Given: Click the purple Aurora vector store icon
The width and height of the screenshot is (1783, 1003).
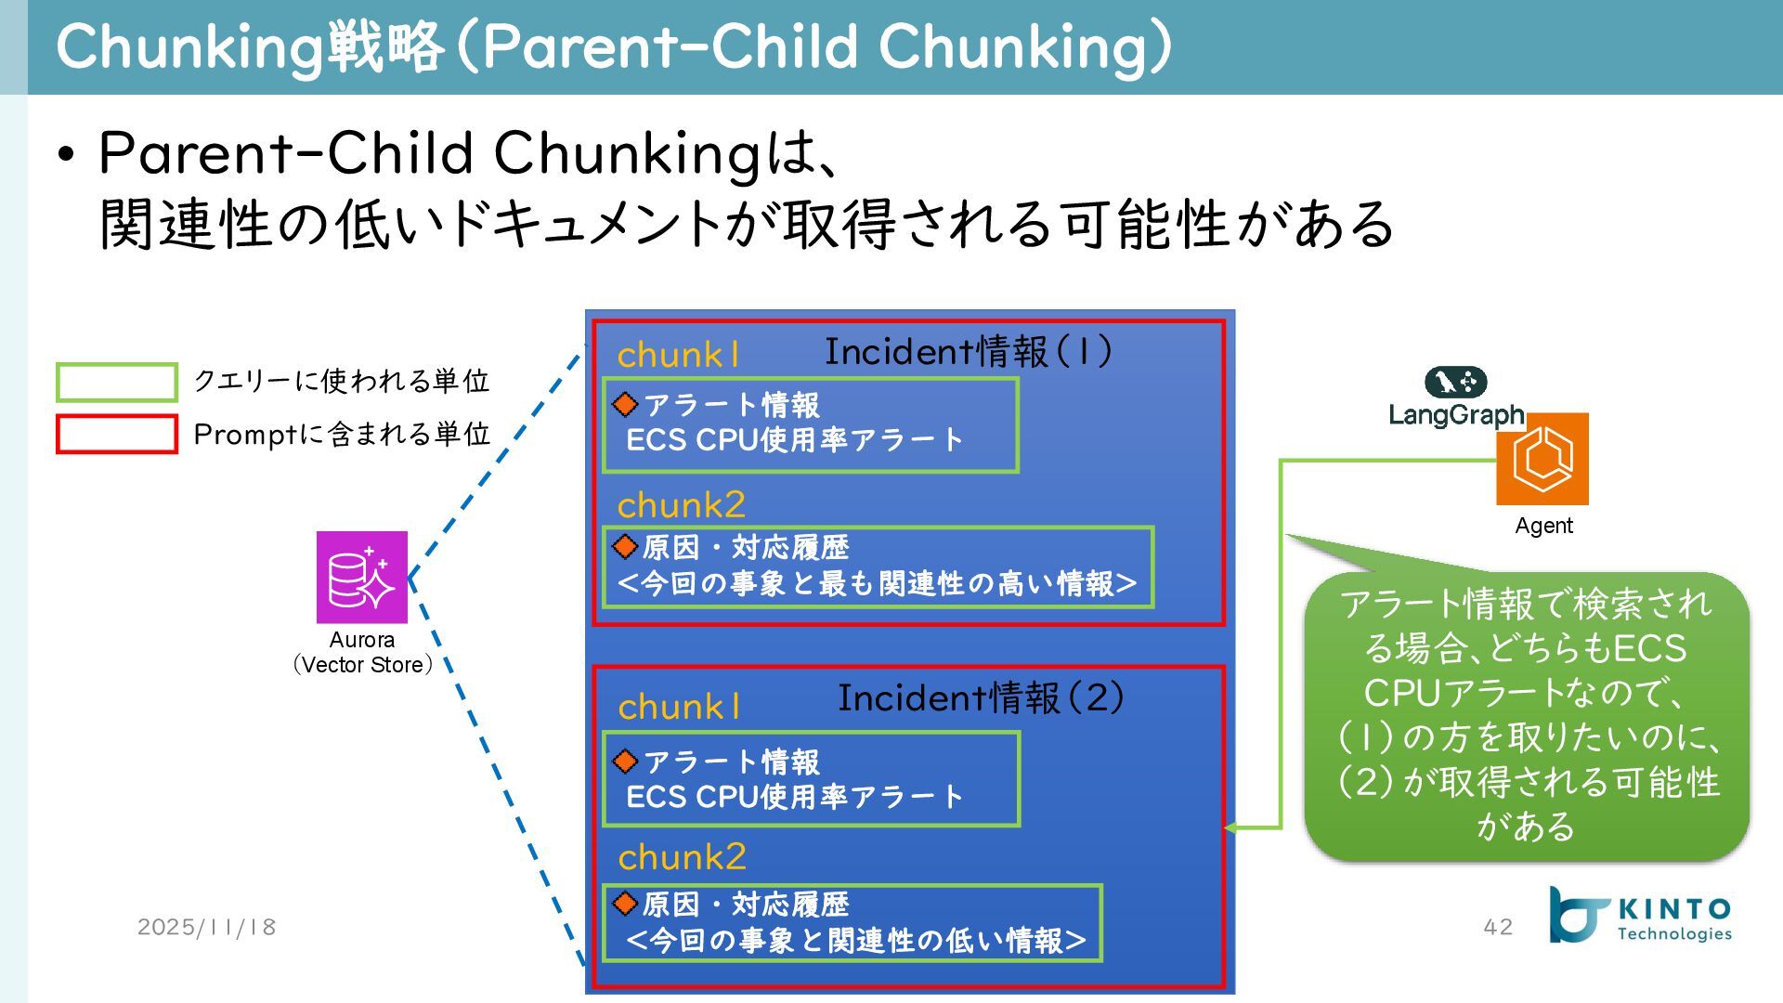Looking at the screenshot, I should pos(361,577).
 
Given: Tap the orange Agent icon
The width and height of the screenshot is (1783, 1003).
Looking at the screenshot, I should pos(1542,459).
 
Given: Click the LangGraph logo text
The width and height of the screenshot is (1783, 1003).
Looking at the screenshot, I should pos(1455,414).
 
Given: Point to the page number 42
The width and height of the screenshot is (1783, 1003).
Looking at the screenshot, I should pos(1498,927).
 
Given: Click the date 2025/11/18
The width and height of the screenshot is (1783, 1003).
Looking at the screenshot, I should pos(207,927).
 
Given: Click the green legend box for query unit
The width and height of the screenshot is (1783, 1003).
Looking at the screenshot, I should pos(117,382).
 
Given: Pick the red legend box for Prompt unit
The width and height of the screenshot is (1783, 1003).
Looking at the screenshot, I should pos(117,435).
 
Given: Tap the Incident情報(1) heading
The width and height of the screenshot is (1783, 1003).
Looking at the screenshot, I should pos(968,352).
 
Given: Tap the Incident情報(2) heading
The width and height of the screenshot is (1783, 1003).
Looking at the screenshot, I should pos(981,698).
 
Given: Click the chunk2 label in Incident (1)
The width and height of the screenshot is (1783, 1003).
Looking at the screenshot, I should pos(681,505).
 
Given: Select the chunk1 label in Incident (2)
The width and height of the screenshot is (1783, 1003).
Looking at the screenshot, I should pos(679,708).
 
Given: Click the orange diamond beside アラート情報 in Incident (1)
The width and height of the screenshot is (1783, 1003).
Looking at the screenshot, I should pos(626,404).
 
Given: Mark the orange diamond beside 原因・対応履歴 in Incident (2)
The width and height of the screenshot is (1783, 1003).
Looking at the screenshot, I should pos(626,903).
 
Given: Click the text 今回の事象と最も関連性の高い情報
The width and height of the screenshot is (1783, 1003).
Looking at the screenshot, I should pos(877,584).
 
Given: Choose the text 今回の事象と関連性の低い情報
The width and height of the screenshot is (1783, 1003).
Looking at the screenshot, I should pos(855,941).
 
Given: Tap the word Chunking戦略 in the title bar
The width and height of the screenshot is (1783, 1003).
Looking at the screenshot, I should pos(251,46).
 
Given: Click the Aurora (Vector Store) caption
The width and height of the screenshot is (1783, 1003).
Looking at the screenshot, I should pos(361,653).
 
